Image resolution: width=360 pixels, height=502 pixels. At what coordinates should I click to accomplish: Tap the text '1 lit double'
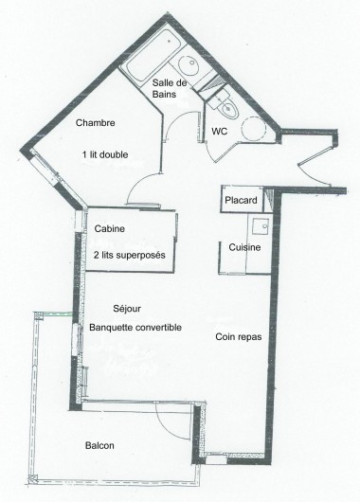coord(103,154)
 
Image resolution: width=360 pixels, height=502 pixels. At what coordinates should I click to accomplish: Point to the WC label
coord(219,130)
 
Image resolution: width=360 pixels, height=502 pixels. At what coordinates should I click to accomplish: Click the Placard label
coord(242,201)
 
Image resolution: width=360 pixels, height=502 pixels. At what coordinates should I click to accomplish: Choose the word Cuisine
coord(243,247)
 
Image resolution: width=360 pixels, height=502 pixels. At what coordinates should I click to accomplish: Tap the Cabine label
coord(111,229)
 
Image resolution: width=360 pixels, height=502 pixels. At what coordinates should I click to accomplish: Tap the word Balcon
coord(99,445)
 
